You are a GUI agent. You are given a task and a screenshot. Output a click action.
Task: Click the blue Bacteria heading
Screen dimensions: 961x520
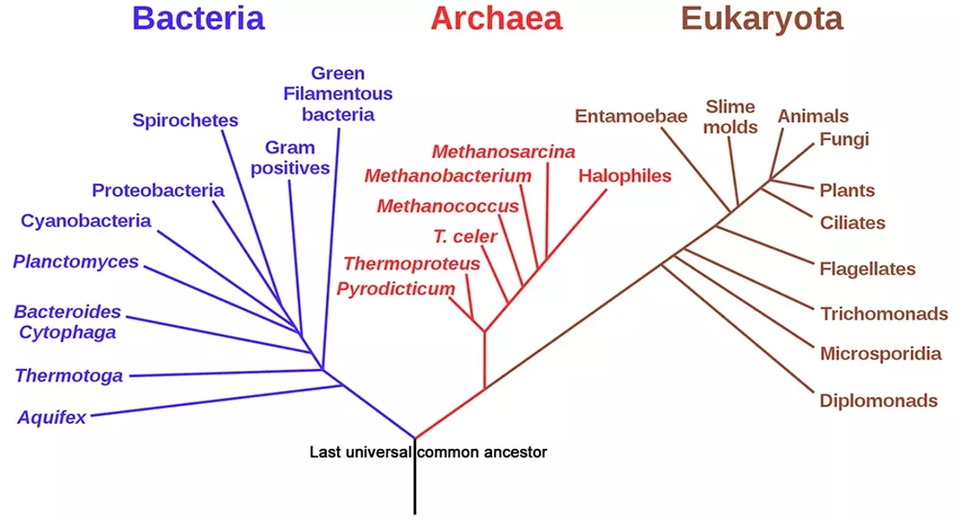coord(198,18)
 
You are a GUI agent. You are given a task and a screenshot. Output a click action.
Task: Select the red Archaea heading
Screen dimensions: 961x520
coord(497,18)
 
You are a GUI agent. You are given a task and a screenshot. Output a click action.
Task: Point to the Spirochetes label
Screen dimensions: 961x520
coord(185,120)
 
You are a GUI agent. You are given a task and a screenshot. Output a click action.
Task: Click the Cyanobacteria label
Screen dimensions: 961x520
coord(86,221)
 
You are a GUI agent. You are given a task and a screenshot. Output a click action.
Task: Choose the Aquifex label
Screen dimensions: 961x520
coord(51,418)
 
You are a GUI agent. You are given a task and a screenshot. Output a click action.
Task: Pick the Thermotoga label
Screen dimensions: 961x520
coord(68,375)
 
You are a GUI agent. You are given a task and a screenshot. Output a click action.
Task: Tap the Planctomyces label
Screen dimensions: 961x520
coord(76,262)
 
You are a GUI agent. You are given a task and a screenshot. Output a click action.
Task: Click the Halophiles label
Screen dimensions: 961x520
coord(625,176)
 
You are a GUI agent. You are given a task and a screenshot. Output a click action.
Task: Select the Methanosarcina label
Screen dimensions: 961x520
coord(503,152)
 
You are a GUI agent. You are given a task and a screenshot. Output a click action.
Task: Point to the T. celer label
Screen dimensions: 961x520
coord(465,236)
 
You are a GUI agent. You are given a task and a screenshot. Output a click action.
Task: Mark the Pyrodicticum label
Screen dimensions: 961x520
coord(396,289)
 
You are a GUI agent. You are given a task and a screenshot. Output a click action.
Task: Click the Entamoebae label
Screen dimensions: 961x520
coord(631,116)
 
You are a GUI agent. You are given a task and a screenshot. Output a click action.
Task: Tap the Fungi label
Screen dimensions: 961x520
coord(845,140)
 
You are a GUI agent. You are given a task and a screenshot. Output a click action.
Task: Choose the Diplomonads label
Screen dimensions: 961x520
coord(879,401)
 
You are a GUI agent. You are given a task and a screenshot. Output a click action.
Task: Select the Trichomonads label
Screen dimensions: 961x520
coord(885,314)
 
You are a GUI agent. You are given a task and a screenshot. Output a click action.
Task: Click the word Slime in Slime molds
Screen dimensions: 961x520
coord(730,107)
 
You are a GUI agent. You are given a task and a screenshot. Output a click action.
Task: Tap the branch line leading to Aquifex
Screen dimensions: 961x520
coord(217,400)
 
